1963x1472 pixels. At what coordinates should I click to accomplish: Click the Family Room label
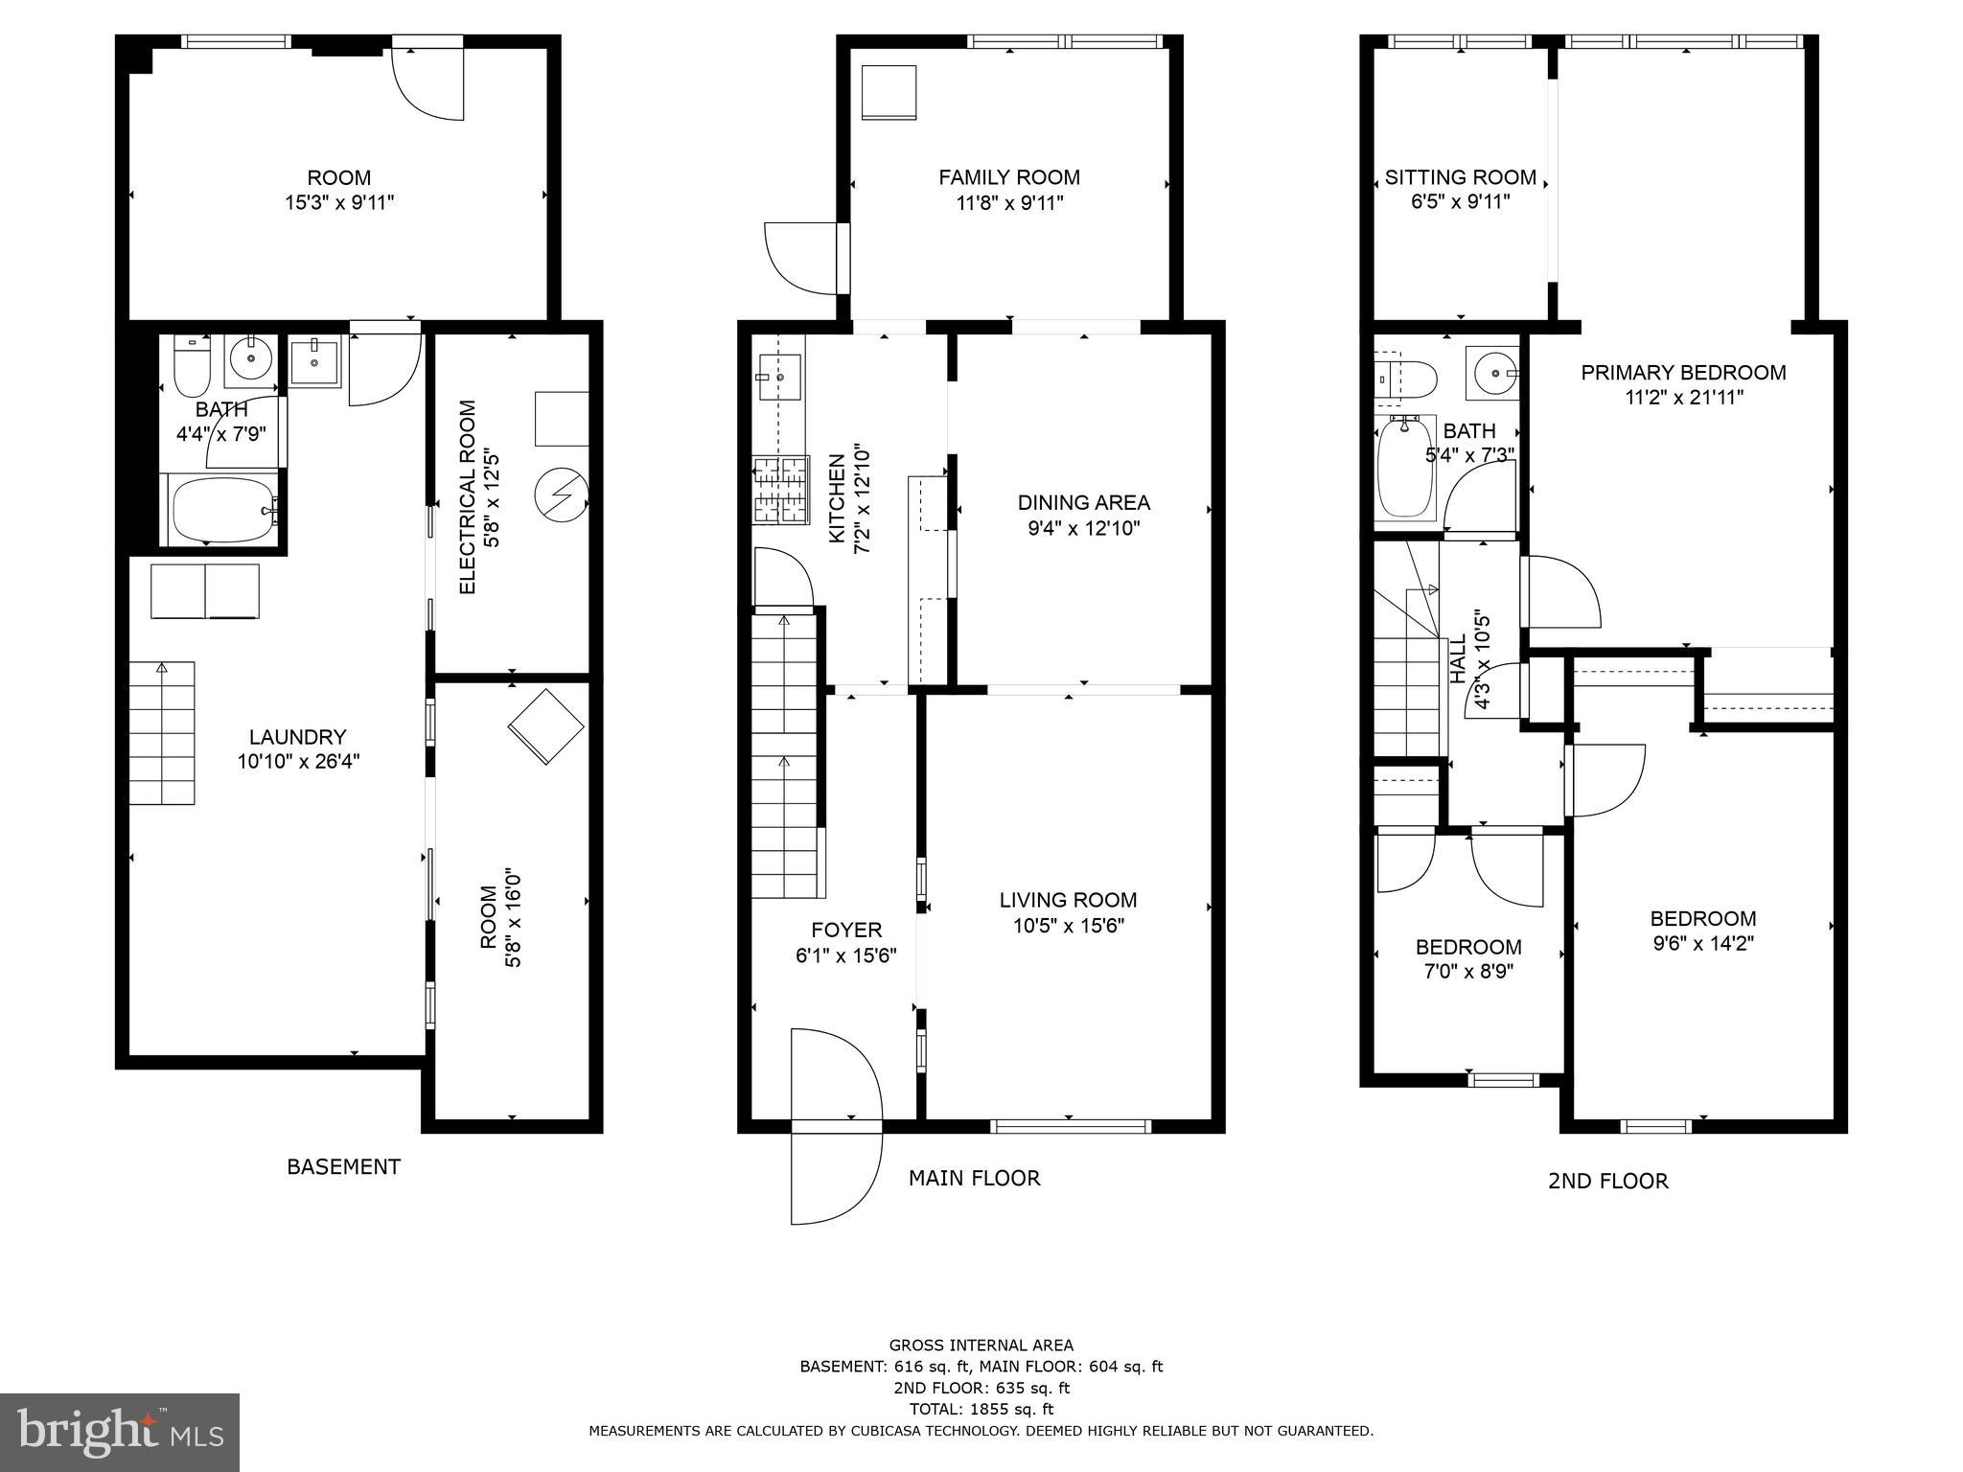[x=1008, y=177]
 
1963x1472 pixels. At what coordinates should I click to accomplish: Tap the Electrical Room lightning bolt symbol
[x=562, y=494]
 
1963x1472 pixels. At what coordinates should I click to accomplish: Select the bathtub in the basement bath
[x=222, y=510]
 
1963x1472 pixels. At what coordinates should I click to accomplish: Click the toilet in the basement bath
[x=192, y=369]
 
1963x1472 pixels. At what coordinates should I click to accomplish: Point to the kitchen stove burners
[x=780, y=490]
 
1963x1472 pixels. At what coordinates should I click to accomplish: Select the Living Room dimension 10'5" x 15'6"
[x=1068, y=926]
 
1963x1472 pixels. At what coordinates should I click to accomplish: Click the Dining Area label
[x=1083, y=502]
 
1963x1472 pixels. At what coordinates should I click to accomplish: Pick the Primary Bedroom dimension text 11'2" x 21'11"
[x=1683, y=398]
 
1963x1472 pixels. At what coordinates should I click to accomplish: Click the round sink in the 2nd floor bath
[x=1492, y=373]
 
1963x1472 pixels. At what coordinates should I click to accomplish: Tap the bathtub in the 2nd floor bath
[x=1405, y=467]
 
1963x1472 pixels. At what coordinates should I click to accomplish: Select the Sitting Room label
[x=1460, y=177]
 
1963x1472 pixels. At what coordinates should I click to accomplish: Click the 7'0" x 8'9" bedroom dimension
[x=1467, y=972]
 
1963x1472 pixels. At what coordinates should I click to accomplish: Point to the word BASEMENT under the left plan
[x=343, y=1166]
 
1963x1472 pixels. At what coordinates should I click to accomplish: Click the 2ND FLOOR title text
[x=1607, y=1181]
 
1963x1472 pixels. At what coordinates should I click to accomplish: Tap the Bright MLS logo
[x=120, y=1432]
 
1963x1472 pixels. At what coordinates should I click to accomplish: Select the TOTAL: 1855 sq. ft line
[x=981, y=1409]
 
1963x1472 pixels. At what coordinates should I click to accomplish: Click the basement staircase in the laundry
[x=162, y=733]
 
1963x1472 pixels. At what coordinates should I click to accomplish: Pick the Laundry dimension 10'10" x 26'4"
[x=298, y=762]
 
